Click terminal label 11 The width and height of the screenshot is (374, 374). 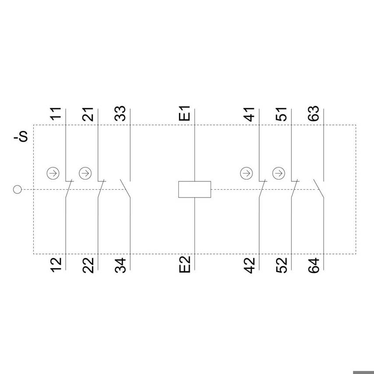coord(56,114)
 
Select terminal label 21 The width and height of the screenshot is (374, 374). coord(88,114)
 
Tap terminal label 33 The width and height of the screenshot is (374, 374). coord(120,113)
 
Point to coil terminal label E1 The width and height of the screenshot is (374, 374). coord(185,113)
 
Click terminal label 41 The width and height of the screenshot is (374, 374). coord(249,114)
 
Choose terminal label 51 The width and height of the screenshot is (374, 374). coord(281,114)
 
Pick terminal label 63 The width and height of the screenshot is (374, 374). coord(314,113)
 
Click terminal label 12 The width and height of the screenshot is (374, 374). coord(56,265)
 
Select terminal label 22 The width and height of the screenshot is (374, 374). coord(88,265)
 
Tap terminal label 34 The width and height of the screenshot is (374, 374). coord(120,265)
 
